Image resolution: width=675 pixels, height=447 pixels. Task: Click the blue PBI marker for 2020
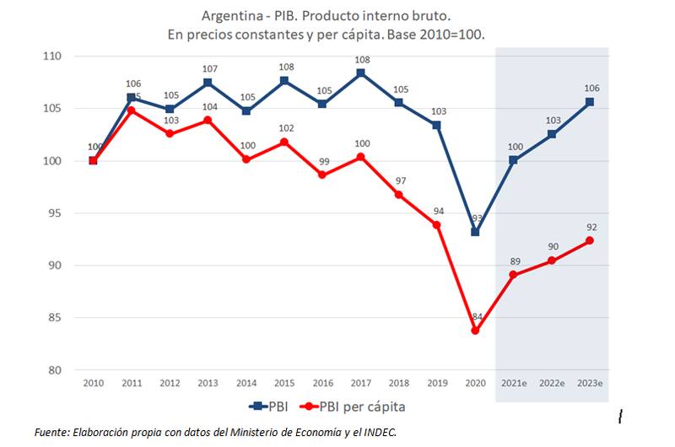pos(475,232)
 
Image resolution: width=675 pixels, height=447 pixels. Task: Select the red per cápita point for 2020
pos(475,331)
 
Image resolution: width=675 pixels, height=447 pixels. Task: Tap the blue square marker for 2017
pos(360,73)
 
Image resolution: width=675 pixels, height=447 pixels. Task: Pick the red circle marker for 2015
pos(283,142)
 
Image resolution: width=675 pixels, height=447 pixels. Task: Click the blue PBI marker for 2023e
pos(589,102)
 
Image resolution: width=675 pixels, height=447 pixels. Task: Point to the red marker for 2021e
pos(513,275)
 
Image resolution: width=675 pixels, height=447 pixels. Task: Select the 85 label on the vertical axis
pos(55,318)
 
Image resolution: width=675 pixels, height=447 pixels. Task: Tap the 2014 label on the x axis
pos(246,382)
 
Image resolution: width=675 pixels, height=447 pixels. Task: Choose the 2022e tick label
pos(551,382)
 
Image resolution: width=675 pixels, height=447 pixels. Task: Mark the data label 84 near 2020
pos(477,317)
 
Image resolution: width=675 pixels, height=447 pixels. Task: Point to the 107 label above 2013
pos(208,68)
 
